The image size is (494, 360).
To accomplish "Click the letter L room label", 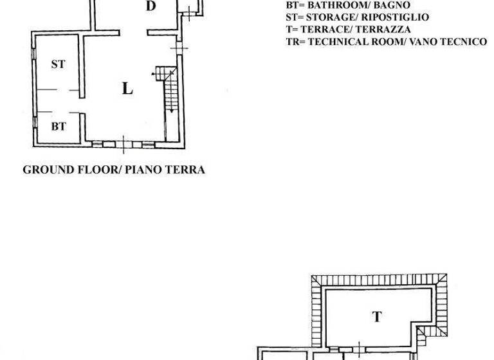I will click(127, 89).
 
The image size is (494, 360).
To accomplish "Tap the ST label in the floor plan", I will click(59, 64).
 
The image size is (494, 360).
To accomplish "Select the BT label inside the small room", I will click(59, 127).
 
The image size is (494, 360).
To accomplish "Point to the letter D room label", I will click(151, 6).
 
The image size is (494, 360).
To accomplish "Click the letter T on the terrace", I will click(377, 316).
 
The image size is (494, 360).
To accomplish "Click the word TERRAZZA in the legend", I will click(384, 30).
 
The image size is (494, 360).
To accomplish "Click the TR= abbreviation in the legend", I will click(295, 42).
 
